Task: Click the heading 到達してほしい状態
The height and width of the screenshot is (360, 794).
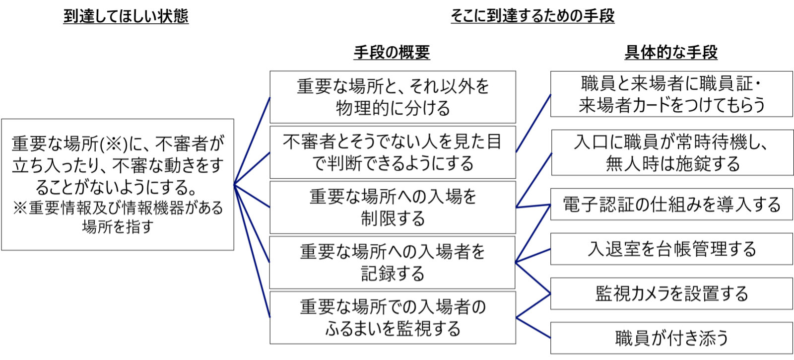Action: (x=126, y=16)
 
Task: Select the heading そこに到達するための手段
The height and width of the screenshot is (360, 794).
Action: (x=532, y=16)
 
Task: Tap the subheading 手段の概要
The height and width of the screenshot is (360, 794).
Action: (x=392, y=52)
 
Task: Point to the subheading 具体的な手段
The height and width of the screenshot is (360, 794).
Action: (x=671, y=52)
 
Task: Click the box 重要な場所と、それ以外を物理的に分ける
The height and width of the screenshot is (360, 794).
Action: (x=393, y=97)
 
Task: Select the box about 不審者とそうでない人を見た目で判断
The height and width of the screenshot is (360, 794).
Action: (x=393, y=152)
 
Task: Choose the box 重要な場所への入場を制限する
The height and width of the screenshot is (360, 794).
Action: (x=393, y=208)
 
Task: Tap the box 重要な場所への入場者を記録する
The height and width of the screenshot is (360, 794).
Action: (x=393, y=263)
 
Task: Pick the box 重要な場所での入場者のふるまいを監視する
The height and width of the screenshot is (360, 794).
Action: (x=393, y=318)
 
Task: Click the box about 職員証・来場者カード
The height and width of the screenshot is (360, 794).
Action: (x=671, y=94)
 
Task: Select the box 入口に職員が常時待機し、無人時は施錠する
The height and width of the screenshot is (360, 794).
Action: (x=672, y=153)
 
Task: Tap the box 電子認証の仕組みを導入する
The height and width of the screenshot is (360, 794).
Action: (x=671, y=205)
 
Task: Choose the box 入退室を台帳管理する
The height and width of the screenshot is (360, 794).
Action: (x=671, y=249)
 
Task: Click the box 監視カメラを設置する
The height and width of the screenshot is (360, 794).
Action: (x=671, y=294)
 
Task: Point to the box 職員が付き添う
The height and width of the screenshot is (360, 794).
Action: (x=671, y=338)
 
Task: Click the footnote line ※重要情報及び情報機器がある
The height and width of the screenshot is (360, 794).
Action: (x=118, y=208)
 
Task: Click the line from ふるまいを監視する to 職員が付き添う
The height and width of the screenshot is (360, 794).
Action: (x=533, y=328)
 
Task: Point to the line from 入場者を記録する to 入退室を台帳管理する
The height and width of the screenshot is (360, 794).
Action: (x=533, y=255)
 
